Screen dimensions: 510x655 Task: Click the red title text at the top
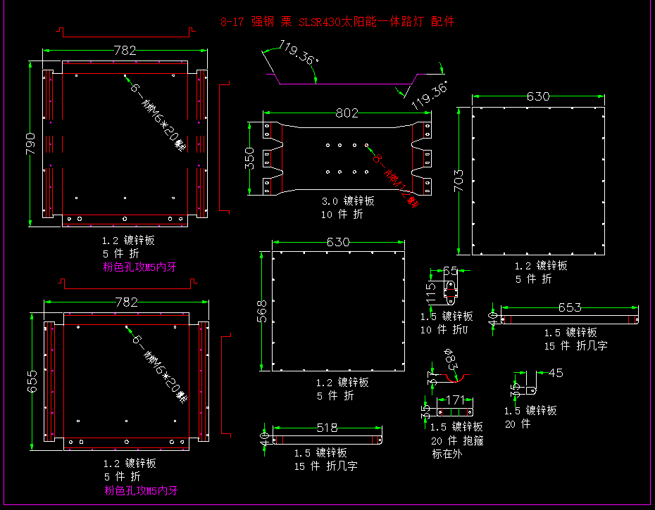337,22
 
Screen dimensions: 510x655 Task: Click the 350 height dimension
250,158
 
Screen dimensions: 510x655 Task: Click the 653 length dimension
569,307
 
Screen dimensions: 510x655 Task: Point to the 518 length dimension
327,428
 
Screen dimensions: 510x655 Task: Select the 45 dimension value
556,374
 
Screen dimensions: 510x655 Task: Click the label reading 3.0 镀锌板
347,201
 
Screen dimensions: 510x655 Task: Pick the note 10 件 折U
444,329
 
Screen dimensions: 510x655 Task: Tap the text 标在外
448,454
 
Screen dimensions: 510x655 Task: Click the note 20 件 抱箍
456,440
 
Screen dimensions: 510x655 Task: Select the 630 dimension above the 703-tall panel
538,97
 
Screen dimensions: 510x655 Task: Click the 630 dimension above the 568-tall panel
338,242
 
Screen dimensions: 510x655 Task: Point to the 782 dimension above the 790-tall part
125,51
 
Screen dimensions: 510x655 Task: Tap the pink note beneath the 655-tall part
141,490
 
